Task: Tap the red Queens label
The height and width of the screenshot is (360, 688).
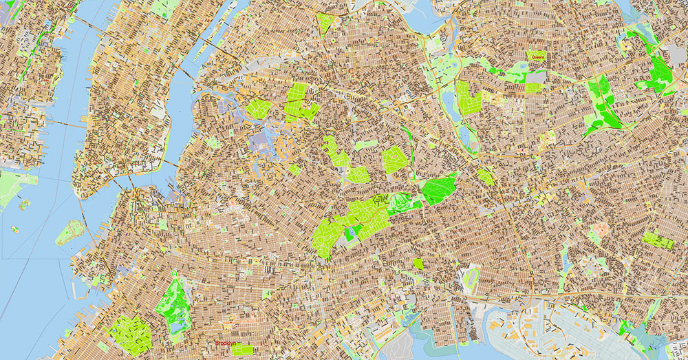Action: point(537,57)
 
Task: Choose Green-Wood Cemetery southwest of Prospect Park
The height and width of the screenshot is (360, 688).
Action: point(130,335)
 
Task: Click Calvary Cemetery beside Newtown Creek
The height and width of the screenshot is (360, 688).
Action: point(257,109)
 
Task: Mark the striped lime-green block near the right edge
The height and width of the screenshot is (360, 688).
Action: point(659,240)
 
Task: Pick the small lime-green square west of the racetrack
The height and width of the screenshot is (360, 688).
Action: point(419,264)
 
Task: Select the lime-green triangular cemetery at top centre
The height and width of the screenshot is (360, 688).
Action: point(325,22)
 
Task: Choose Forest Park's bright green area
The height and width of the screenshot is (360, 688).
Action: point(438,188)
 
